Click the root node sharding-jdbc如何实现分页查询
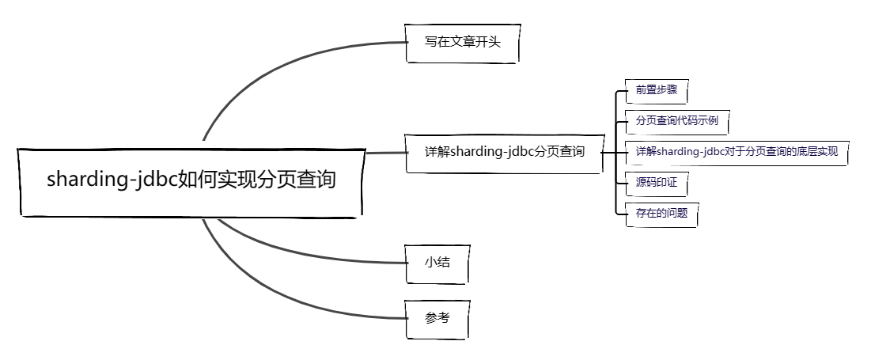point(191,180)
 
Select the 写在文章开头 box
point(463,43)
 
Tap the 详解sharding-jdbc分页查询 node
point(504,152)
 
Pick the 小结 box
point(437,262)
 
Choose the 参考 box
point(437,318)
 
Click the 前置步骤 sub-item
point(656,90)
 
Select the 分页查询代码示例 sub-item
point(677,122)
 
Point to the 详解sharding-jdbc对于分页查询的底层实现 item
point(737,152)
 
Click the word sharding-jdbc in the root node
point(112,180)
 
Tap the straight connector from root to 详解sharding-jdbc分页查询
point(386,152)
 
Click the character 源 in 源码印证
point(641,184)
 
